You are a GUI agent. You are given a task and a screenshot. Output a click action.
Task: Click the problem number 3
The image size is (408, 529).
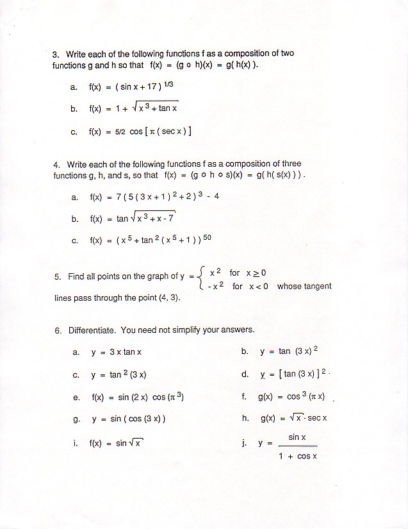pos(56,55)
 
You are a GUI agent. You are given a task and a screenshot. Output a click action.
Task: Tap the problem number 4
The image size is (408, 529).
pos(56,165)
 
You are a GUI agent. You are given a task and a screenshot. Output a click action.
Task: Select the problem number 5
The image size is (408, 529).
pos(57,277)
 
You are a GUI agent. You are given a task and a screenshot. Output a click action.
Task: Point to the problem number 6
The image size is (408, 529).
pos(57,331)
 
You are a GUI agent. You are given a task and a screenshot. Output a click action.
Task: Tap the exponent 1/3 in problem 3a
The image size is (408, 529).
pos(168,84)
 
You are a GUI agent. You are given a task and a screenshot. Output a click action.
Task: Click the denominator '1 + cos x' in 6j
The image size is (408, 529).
pos(298,457)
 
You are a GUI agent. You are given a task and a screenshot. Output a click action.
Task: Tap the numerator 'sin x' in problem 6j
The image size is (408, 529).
pos(297,437)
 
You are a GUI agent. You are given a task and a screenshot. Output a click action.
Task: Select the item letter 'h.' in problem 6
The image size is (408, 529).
pos(245,418)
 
